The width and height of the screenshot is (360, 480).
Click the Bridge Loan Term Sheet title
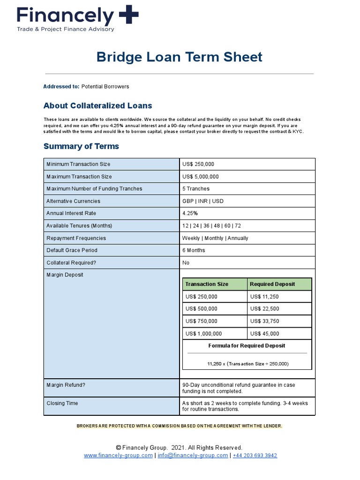[180, 57]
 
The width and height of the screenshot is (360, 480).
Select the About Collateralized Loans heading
[97, 106]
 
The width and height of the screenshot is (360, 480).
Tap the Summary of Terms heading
[81, 146]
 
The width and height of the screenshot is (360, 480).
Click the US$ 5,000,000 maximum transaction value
[200, 177]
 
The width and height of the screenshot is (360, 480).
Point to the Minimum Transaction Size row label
[78, 165]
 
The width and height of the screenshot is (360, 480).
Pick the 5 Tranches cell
[196, 189]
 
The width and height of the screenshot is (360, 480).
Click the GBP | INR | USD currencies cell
[203, 201]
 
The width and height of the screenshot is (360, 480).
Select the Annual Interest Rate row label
[71, 213]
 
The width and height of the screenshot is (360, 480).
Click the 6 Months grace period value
[194, 250]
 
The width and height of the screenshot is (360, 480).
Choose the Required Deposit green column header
[272, 284]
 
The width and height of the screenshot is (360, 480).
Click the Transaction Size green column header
[207, 284]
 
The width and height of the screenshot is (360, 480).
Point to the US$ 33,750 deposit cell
[264, 321]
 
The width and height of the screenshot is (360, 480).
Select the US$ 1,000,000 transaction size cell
[204, 334]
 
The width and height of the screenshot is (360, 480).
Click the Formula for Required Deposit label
[247, 346]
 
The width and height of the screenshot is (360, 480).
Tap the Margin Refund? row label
[66, 385]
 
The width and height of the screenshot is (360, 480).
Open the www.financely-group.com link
[118, 456]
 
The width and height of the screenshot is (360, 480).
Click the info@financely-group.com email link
[193, 456]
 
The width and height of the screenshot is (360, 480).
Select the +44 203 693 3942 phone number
[255, 456]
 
